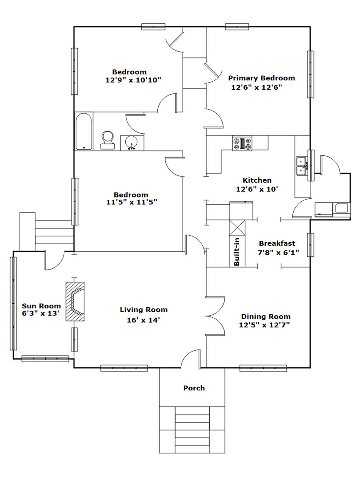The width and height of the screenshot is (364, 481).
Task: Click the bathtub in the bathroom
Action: tap(84, 132)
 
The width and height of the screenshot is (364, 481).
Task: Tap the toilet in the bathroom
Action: tap(108, 140)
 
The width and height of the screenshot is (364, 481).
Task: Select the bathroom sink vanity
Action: tap(132, 143)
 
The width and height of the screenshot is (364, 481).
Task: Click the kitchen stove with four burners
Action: tap(243, 143)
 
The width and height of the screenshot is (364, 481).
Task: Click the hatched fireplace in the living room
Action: tap(75, 302)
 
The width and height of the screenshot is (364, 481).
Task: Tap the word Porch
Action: tap(194, 388)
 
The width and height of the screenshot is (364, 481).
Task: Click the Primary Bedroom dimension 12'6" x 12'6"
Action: tap(256, 88)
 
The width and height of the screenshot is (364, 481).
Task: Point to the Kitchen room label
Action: tap(257, 180)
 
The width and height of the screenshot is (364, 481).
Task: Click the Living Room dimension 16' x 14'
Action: tap(143, 320)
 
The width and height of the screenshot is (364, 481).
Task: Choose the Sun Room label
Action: tap(41, 306)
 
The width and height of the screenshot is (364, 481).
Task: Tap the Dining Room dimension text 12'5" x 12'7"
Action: tap(265, 324)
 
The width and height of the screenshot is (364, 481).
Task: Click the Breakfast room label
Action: tap(277, 243)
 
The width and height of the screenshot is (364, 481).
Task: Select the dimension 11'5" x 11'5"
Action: tap(132, 202)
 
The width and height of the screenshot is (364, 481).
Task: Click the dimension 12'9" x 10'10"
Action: tap(133, 80)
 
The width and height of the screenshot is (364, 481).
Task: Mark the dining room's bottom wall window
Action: tap(263, 368)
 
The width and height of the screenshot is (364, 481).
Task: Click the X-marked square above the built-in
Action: tap(237, 228)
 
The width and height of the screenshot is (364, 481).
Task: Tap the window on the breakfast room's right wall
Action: tap(311, 245)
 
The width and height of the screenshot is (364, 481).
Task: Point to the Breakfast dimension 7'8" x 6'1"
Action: tap(279, 253)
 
